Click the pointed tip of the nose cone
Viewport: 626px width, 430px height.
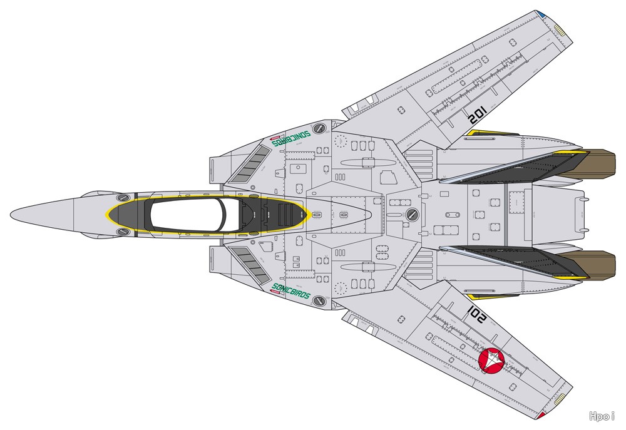[x=11, y=215]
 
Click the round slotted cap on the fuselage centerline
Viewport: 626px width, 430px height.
[x=412, y=215]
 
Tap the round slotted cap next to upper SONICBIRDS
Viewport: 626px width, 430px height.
[x=320, y=128]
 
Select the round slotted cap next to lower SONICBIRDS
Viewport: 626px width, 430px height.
[x=320, y=301]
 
